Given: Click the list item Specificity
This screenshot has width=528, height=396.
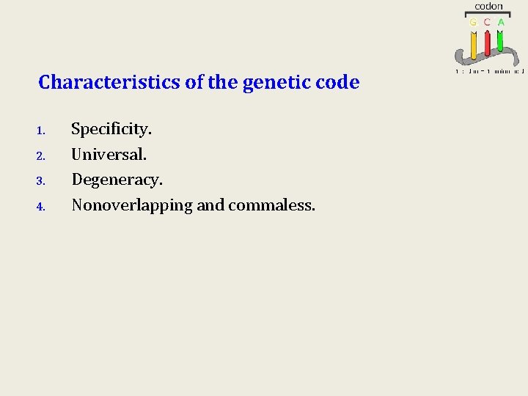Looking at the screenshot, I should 111,130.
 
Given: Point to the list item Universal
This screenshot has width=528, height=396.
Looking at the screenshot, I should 109,155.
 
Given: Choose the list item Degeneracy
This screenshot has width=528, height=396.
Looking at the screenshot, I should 117,180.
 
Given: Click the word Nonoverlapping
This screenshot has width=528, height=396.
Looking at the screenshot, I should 132,205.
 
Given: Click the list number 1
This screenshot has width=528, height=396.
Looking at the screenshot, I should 41,131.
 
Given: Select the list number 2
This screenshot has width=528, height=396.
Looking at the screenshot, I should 41,156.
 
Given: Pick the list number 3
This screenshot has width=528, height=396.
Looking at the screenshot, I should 41,181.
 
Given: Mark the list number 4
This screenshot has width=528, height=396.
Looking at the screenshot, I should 41,207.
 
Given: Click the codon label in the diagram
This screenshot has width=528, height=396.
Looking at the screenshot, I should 488,6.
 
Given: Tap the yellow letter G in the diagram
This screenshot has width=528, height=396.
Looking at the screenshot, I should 474,22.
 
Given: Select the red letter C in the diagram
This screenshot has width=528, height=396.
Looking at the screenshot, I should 487,22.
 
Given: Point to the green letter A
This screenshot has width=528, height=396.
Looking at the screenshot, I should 501,22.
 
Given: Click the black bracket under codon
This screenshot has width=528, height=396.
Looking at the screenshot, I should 488,13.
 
